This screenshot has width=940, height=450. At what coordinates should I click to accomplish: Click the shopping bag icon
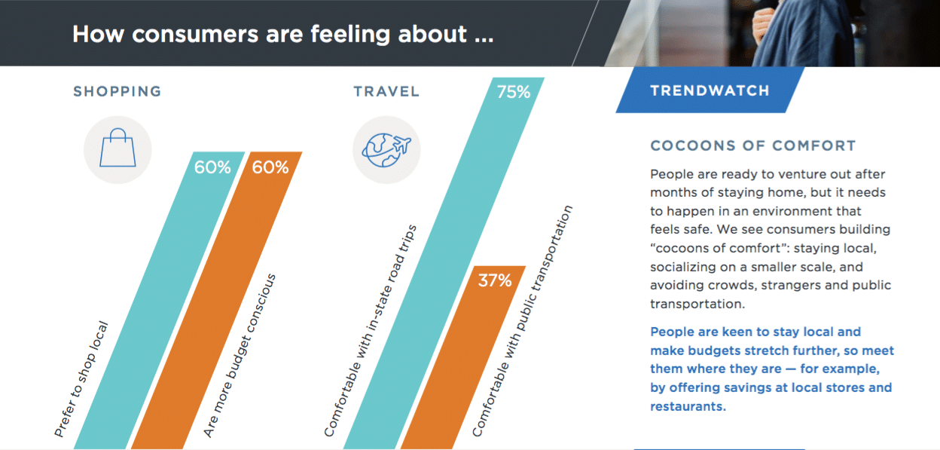coord(117,148)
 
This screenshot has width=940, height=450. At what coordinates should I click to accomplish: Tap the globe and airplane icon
coord(386,150)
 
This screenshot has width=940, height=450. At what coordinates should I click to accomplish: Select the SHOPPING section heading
coord(117,91)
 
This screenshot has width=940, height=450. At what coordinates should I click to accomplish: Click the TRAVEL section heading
coord(386,91)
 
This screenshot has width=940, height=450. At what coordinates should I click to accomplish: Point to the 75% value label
coord(514,92)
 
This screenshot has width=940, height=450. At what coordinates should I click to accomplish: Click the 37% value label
coord(495,280)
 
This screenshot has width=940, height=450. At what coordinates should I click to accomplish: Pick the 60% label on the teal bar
coord(212,167)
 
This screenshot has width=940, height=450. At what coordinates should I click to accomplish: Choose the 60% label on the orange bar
coord(270,167)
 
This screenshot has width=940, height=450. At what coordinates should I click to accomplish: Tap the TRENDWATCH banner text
coord(710,90)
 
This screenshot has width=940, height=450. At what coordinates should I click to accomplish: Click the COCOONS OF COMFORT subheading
coord(753,145)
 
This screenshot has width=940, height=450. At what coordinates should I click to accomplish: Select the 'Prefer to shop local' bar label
coord(81,379)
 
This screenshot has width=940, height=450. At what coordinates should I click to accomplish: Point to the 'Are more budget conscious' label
coord(240,356)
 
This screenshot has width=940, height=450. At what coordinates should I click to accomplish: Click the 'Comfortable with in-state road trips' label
coord(370,331)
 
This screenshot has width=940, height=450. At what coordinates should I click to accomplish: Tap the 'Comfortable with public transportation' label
coord(522,321)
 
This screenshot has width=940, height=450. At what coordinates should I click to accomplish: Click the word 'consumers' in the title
coord(195,35)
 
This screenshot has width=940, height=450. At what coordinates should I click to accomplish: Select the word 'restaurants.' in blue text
coord(688,406)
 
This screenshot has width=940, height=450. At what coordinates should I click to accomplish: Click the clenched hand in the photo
coord(763,24)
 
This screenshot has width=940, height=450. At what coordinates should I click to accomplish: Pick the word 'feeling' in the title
coord(351,35)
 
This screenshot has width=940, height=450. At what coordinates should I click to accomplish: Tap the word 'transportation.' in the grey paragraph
coord(697,304)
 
